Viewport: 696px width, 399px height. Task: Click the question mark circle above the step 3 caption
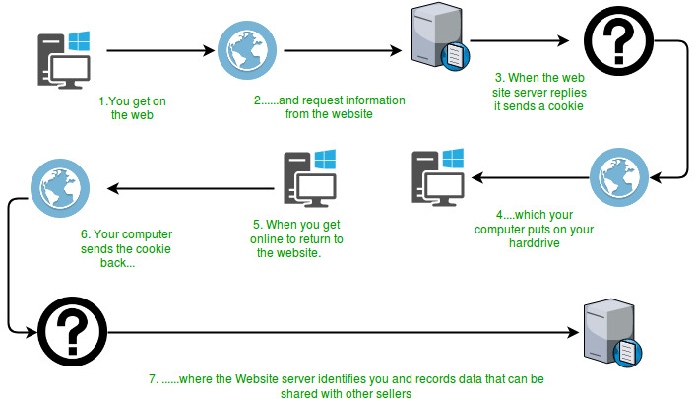click(612, 40)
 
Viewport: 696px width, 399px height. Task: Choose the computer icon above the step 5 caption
click(309, 179)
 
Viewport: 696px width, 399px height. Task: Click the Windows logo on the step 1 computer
click(79, 41)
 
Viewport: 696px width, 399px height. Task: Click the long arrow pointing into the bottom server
click(335, 331)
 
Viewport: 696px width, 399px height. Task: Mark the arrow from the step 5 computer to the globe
click(187, 187)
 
